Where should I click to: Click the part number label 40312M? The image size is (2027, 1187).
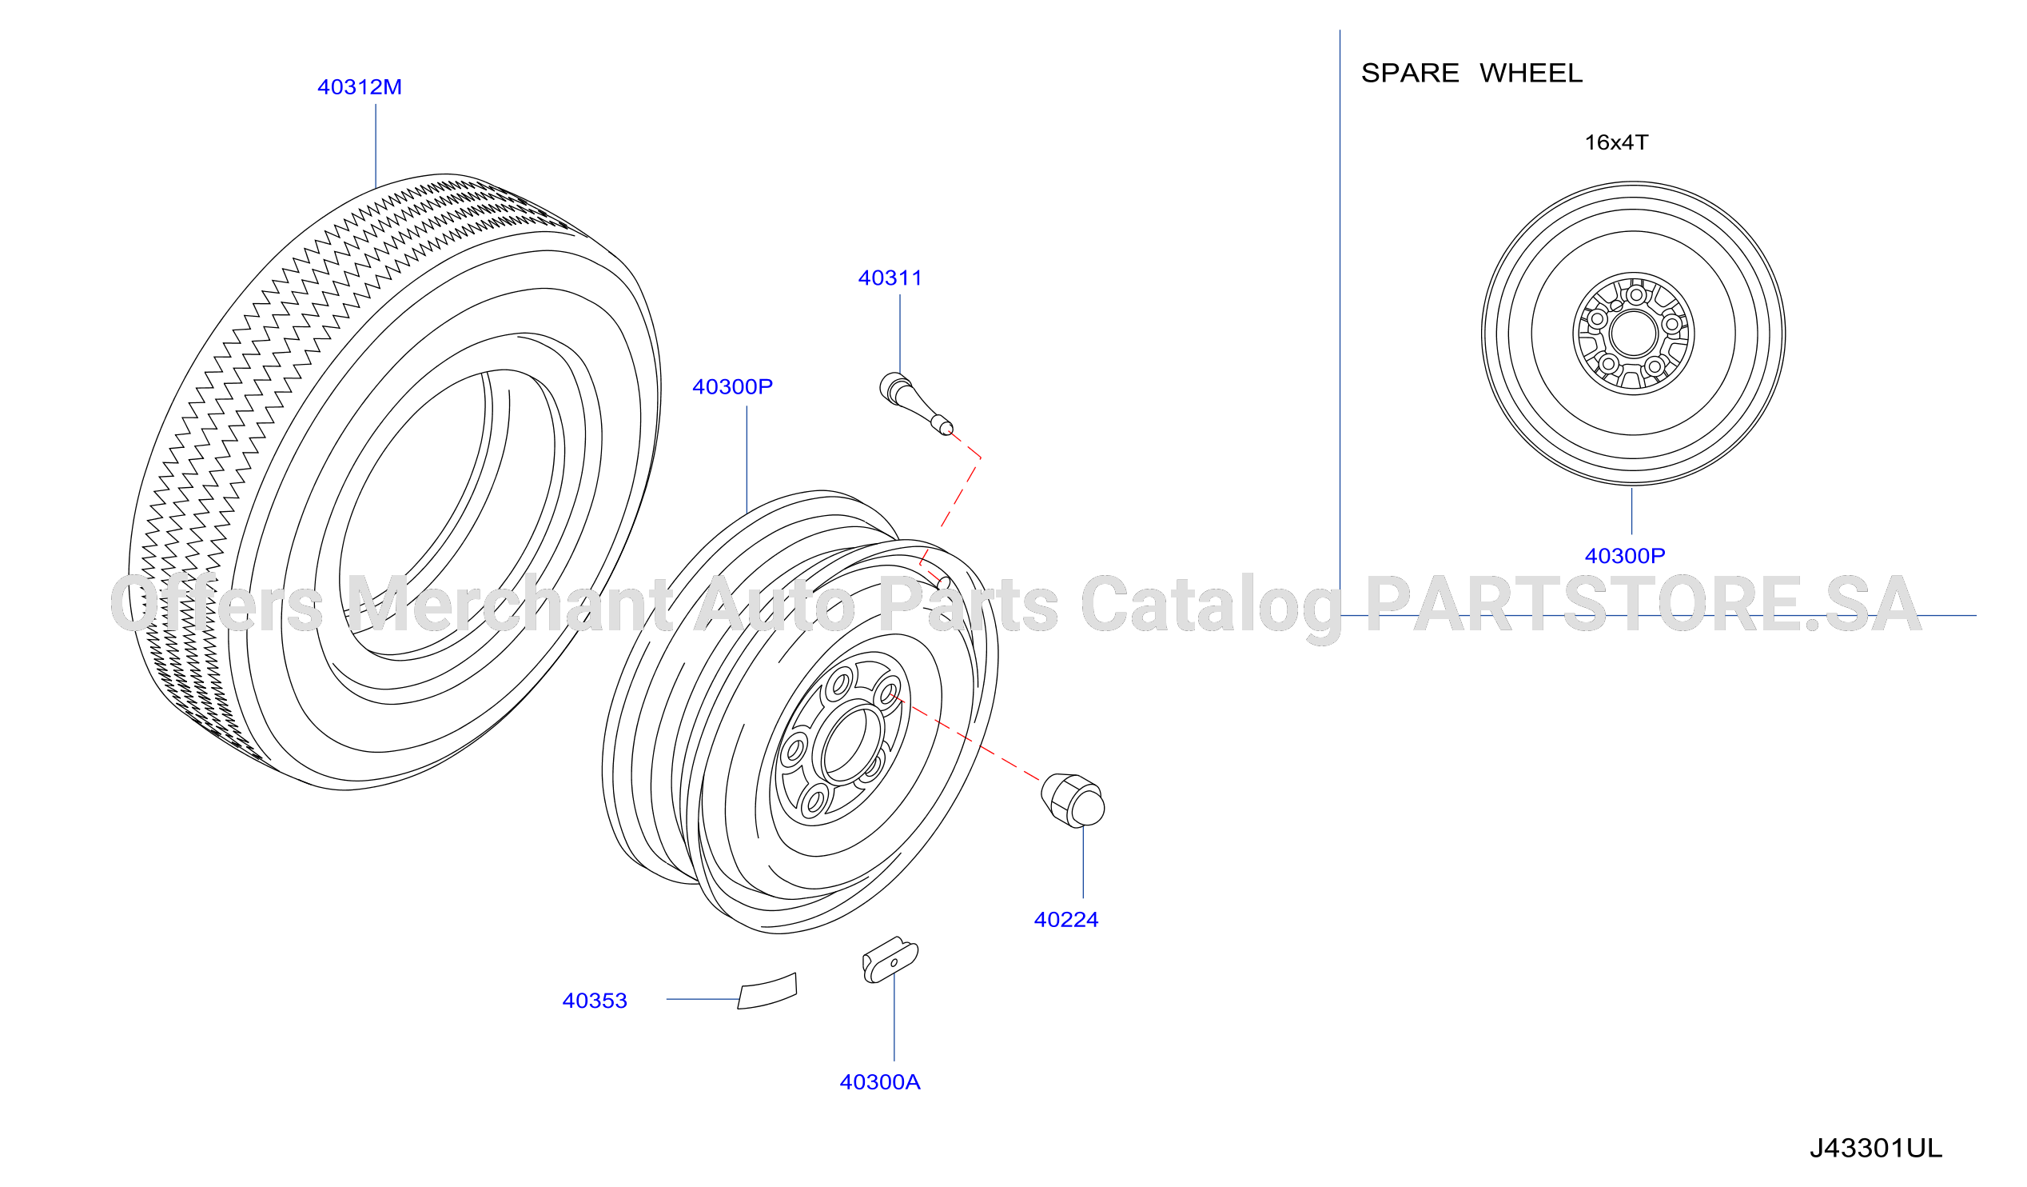point(360,87)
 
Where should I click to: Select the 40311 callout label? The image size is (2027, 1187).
point(890,278)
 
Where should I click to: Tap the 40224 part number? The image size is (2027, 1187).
point(1065,919)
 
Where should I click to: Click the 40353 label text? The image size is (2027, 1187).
point(595,1001)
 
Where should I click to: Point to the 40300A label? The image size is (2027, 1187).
point(880,1081)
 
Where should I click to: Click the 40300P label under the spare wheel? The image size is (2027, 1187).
point(1625,555)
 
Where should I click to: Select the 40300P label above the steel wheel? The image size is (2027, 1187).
point(733,386)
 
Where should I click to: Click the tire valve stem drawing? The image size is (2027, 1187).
point(915,402)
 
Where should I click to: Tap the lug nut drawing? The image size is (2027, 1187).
point(1073,800)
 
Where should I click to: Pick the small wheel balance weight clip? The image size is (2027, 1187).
point(890,960)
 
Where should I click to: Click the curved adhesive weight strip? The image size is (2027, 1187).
point(767,992)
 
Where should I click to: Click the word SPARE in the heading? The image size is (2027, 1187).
point(1410,74)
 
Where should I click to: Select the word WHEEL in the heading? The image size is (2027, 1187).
point(1531,74)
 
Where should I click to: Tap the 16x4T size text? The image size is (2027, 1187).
point(1616,142)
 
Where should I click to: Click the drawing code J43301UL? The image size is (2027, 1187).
point(1876,1148)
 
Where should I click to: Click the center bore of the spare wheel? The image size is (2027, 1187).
point(1634,334)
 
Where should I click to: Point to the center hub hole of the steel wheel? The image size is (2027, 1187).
point(845,741)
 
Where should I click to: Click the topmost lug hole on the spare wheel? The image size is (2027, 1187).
point(1636,295)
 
